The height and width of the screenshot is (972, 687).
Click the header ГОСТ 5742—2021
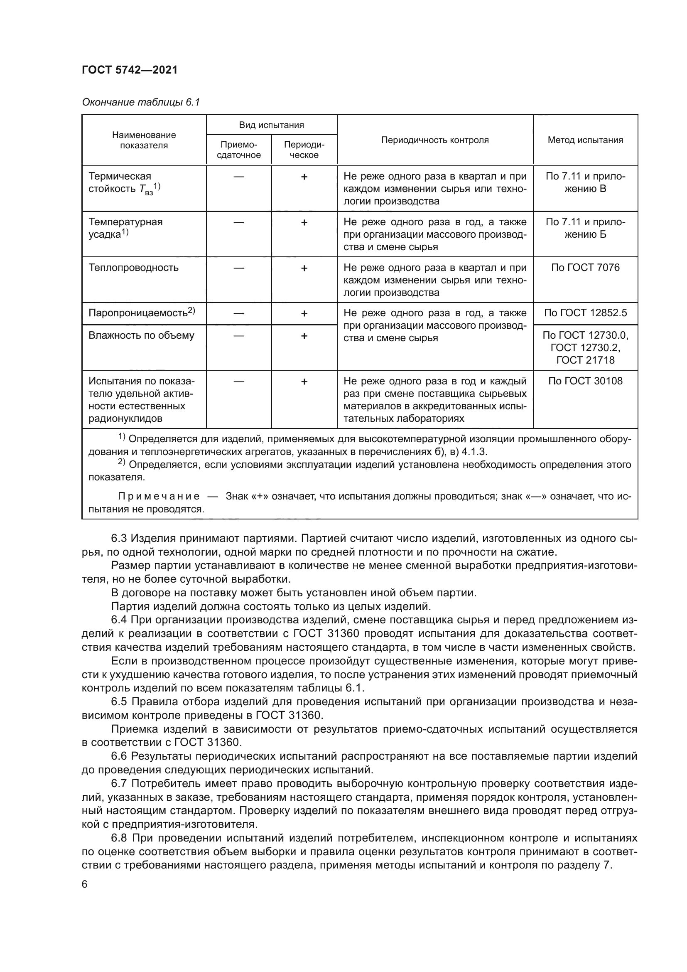(130, 70)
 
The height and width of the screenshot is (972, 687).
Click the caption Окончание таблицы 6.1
(140, 102)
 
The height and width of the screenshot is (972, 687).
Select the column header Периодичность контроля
(434, 140)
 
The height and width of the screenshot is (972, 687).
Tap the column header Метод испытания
(585, 140)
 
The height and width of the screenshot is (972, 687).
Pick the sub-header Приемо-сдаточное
(238, 150)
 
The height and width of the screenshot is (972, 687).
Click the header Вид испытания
(271, 125)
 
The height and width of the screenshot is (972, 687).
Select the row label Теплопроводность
(133, 268)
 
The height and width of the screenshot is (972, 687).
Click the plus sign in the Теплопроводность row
(304, 268)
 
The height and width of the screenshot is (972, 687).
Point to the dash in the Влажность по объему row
(238, 336)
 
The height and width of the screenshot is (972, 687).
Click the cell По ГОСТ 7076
(585, 268)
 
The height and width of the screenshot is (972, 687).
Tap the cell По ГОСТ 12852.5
(585, 313)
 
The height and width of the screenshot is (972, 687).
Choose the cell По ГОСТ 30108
(585, 381)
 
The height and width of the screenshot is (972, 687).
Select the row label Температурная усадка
(125, 228)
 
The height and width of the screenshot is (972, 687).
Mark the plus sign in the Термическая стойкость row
(304, 177)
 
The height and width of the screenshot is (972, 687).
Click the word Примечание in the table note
(159, 496)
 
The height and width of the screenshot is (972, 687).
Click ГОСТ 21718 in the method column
(585, 360)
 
